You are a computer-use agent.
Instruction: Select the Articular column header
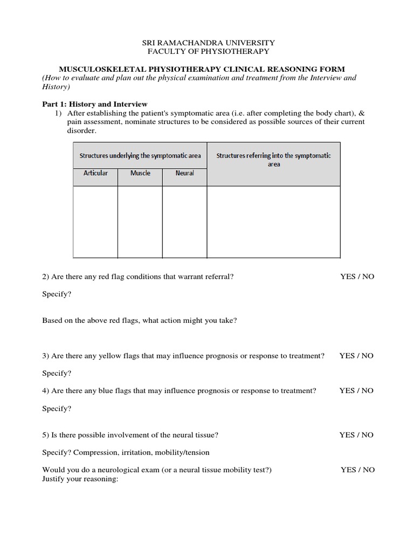pos(95,173)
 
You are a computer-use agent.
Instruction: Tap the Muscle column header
pos(140,173)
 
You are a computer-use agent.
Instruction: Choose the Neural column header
pos(184,173)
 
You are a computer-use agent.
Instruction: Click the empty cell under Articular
pos(95,222)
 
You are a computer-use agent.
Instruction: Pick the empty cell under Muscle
pos(140,222)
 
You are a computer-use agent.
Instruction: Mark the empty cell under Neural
pos(184,222)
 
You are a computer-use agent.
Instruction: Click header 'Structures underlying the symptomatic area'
pos(140,155)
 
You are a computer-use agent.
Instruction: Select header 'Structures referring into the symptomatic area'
pos(274,160)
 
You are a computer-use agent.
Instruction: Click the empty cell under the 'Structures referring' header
pos(274,222)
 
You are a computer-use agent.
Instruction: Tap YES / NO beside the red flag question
pos(357,277)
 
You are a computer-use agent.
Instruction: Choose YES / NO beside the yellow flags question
pos(356,356)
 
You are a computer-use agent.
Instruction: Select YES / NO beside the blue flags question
pos(356,391)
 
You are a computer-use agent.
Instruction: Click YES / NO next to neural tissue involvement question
pos(356,435)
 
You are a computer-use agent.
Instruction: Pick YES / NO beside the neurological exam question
pos(357,470)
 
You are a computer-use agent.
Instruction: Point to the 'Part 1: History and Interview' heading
pos(95,104)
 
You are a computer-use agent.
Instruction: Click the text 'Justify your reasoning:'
pos(80,479)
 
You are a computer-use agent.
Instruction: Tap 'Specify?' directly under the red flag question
pos(57,294)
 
